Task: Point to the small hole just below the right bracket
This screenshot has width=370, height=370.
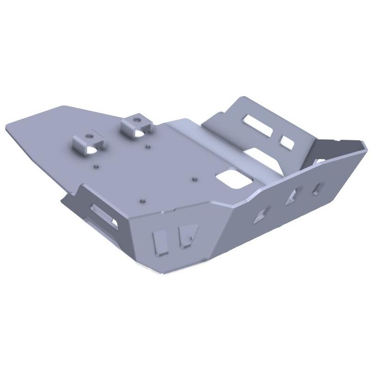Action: (x=147, y=147)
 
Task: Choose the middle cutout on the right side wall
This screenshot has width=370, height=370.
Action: (x=294, y=195)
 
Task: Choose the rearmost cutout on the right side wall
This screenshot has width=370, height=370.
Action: (x=319, y=187)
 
